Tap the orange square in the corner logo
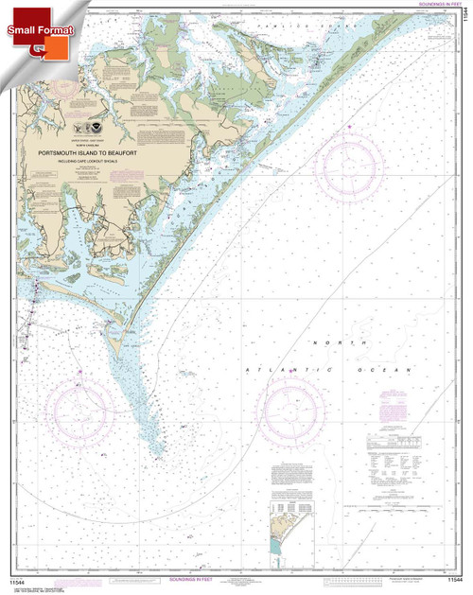click(x=38, y=47)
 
